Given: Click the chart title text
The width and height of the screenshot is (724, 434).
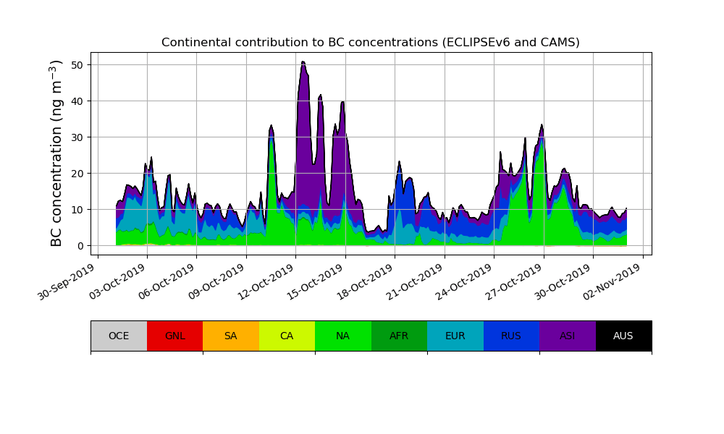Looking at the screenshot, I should (370, 43).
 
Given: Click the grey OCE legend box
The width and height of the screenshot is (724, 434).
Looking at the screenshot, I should (119, 336).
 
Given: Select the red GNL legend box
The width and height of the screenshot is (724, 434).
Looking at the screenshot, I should (174, 336).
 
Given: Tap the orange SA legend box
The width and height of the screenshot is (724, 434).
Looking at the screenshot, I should (230, 336).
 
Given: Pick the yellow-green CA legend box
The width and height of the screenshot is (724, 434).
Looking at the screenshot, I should (287, 336).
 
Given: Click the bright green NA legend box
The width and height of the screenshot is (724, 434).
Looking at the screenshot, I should (342, 336).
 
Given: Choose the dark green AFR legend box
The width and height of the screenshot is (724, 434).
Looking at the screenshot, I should (399, 336).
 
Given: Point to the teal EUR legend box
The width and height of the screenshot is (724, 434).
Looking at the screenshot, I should (455, 336).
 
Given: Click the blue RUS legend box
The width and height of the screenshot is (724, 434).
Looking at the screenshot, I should (511, 336).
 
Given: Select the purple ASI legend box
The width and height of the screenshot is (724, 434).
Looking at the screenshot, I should (567, 336).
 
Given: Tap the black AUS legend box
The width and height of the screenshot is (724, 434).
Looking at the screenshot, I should (623, 336).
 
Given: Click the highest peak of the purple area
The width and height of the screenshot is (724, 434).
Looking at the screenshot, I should (303, 63).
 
